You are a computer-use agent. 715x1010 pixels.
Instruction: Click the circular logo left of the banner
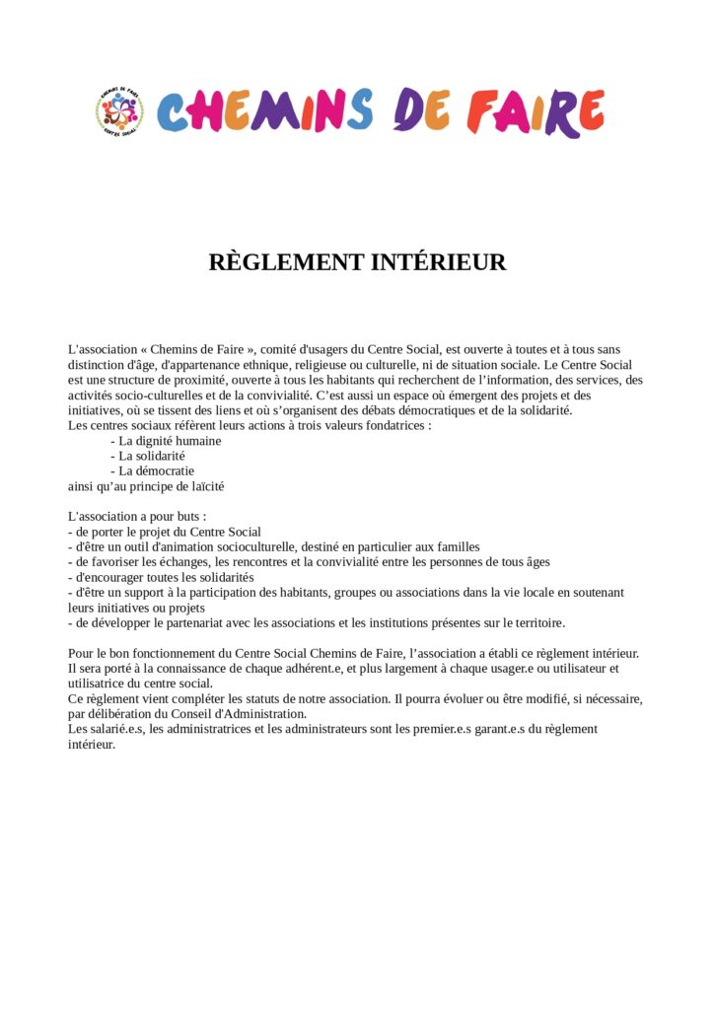click(x=119, y=111)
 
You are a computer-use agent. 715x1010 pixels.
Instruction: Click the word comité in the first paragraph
click(x=279, y=349)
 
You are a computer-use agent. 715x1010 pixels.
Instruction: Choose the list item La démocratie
click(x=157, y=471)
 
